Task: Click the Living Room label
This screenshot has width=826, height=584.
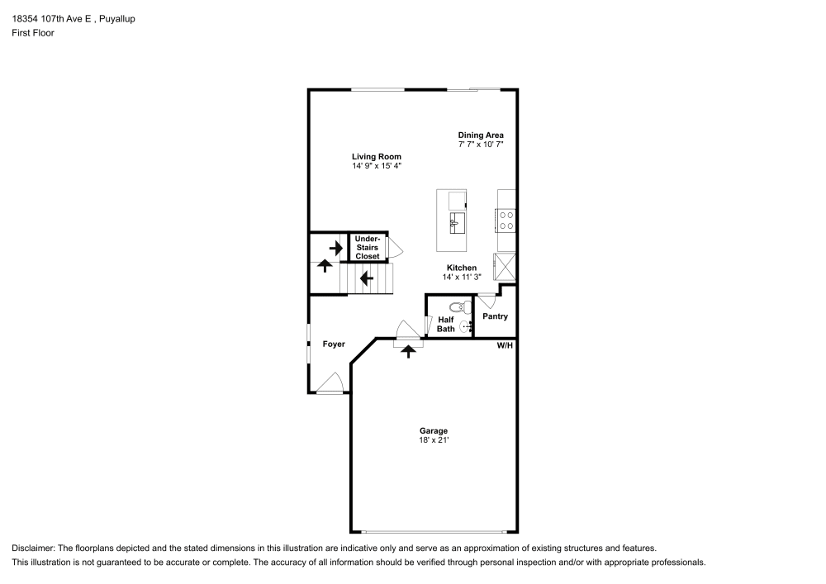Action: click(376, 156)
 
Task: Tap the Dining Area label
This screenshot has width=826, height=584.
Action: click(481, 135)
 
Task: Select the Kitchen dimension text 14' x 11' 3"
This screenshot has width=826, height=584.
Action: click(462, 277)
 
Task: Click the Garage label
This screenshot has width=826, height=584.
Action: click(434, 430)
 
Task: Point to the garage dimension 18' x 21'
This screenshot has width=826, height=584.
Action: click(434, 440)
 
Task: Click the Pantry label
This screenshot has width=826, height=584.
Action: click(495, 316)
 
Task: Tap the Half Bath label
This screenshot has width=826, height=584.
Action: click(446, 324)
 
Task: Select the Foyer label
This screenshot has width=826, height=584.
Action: click(334, 344)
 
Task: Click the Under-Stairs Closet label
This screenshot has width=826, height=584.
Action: click(368, 248)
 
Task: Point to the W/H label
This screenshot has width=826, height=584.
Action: click(505, 345)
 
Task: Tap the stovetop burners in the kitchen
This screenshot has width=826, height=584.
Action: click(506, 221)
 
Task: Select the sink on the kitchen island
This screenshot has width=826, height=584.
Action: click(458, 223)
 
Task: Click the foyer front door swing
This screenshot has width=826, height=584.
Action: click(331, 383)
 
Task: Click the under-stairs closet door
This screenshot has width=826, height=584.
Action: click(396, 247)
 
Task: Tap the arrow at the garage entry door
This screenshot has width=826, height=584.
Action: click(408, 351)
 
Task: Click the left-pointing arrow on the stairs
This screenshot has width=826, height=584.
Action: click(366, 278)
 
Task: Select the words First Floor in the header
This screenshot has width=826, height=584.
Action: click(33, 33)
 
